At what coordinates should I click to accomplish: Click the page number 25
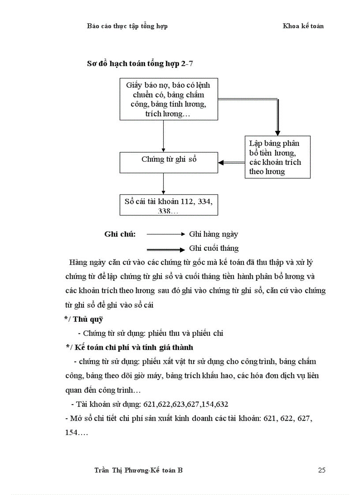pos(322,470)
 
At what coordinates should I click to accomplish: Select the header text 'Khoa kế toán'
pos(303,26)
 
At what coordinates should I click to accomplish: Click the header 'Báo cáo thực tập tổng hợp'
pos(127,26)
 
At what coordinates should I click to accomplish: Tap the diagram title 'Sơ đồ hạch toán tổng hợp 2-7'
pos(140,63)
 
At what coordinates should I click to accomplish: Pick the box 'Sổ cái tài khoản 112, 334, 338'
pos(169,205)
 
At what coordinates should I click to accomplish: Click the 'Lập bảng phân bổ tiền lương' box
pos(277,157)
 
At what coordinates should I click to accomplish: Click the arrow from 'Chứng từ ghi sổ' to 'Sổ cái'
pos(164,183)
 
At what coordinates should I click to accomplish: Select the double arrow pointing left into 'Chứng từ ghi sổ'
pos(231,163)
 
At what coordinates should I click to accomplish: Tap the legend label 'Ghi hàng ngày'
pos(214,234)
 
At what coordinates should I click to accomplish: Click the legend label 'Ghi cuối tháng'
pos(214,248)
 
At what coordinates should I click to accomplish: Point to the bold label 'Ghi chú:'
pos(120,234)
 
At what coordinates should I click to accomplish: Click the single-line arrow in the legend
pos(165,234)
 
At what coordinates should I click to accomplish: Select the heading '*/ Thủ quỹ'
pos(83,319)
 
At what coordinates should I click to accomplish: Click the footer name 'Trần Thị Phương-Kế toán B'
pos(139,470)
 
